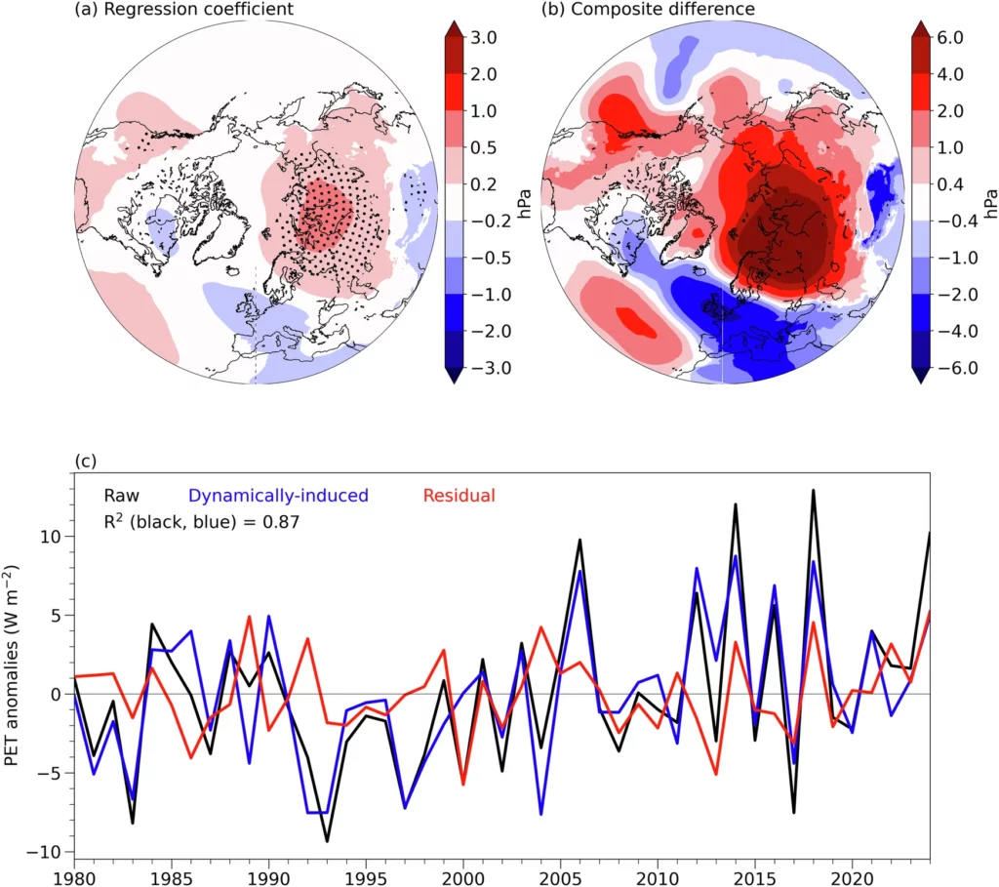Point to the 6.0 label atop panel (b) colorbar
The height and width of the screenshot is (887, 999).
point(950,38)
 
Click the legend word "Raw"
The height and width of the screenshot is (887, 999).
point(114,496)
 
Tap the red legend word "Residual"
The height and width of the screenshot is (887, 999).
point(460,496)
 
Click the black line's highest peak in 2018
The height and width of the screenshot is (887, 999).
point(813,491)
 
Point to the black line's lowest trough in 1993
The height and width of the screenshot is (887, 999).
point(327,840)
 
